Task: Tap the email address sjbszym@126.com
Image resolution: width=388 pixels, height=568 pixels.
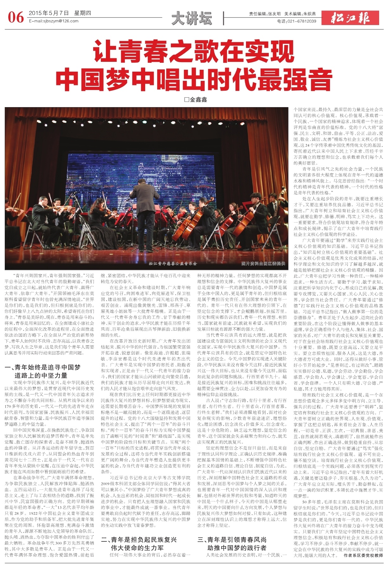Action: tap(54, 21)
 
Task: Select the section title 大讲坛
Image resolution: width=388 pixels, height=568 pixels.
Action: tap(191, 18)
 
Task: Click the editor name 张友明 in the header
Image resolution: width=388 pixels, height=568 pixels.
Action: tap(274, 14)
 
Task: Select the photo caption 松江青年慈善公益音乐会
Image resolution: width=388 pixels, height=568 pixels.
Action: tap(173, 263)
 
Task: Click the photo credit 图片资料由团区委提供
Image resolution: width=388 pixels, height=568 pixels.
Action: tap(263, 263)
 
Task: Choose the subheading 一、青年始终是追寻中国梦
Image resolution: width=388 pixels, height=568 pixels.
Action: tap(43, 368)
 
